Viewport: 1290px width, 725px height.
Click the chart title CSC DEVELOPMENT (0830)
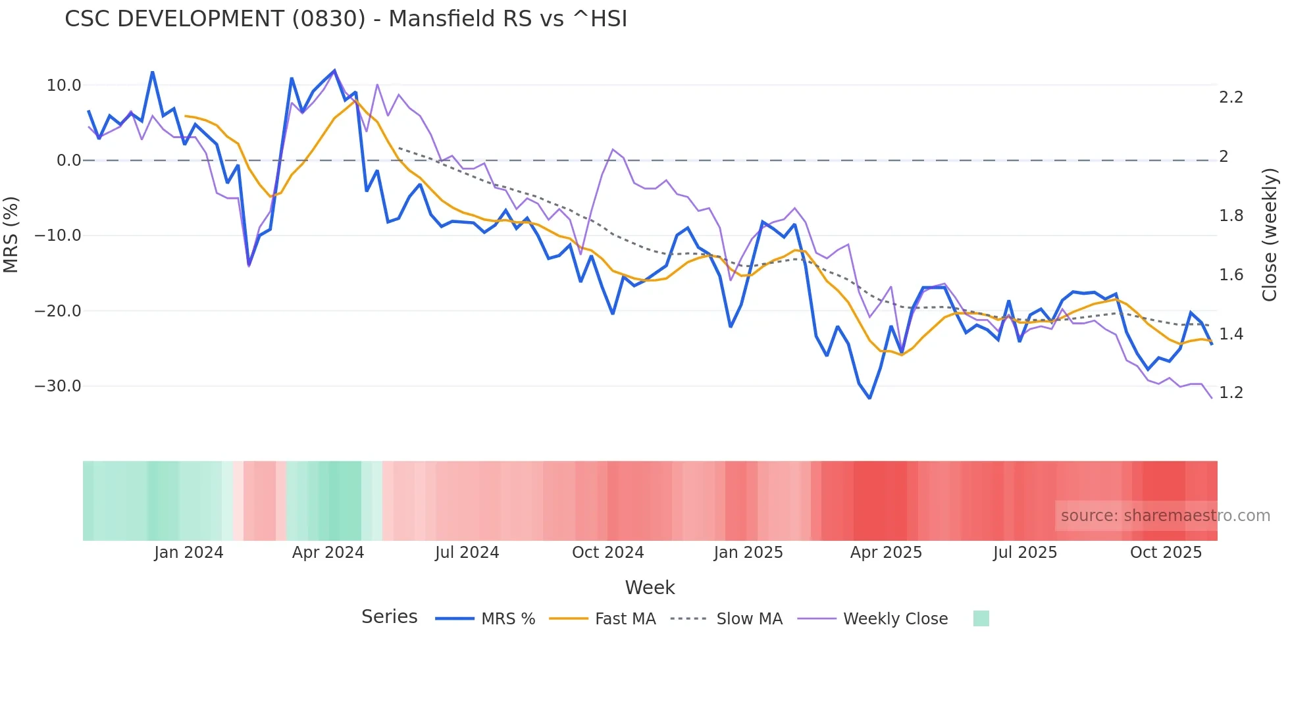346,19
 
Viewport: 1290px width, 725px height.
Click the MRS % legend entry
507,619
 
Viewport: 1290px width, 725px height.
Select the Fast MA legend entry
625,619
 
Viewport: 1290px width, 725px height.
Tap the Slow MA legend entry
749,619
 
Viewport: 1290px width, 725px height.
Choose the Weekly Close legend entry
895,619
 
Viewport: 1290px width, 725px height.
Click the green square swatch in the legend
981,618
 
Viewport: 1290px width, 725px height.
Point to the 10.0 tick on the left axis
64,86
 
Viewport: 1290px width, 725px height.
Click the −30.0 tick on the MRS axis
58,386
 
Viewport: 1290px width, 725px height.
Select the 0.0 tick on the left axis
68,161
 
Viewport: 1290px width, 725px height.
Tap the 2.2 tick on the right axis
1231,97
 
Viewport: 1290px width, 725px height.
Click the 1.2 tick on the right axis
1231,393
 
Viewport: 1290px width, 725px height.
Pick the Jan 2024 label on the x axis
189,553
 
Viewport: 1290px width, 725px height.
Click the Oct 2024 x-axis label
607,553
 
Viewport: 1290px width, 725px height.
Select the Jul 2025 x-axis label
1025,553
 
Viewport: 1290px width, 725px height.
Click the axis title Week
650,587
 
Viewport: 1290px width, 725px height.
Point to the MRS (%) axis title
11,235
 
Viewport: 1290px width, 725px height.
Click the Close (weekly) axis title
1270,235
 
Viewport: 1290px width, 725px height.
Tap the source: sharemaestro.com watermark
1165,516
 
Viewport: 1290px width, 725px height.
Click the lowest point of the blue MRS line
869,398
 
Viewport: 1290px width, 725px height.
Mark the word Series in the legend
389,617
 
